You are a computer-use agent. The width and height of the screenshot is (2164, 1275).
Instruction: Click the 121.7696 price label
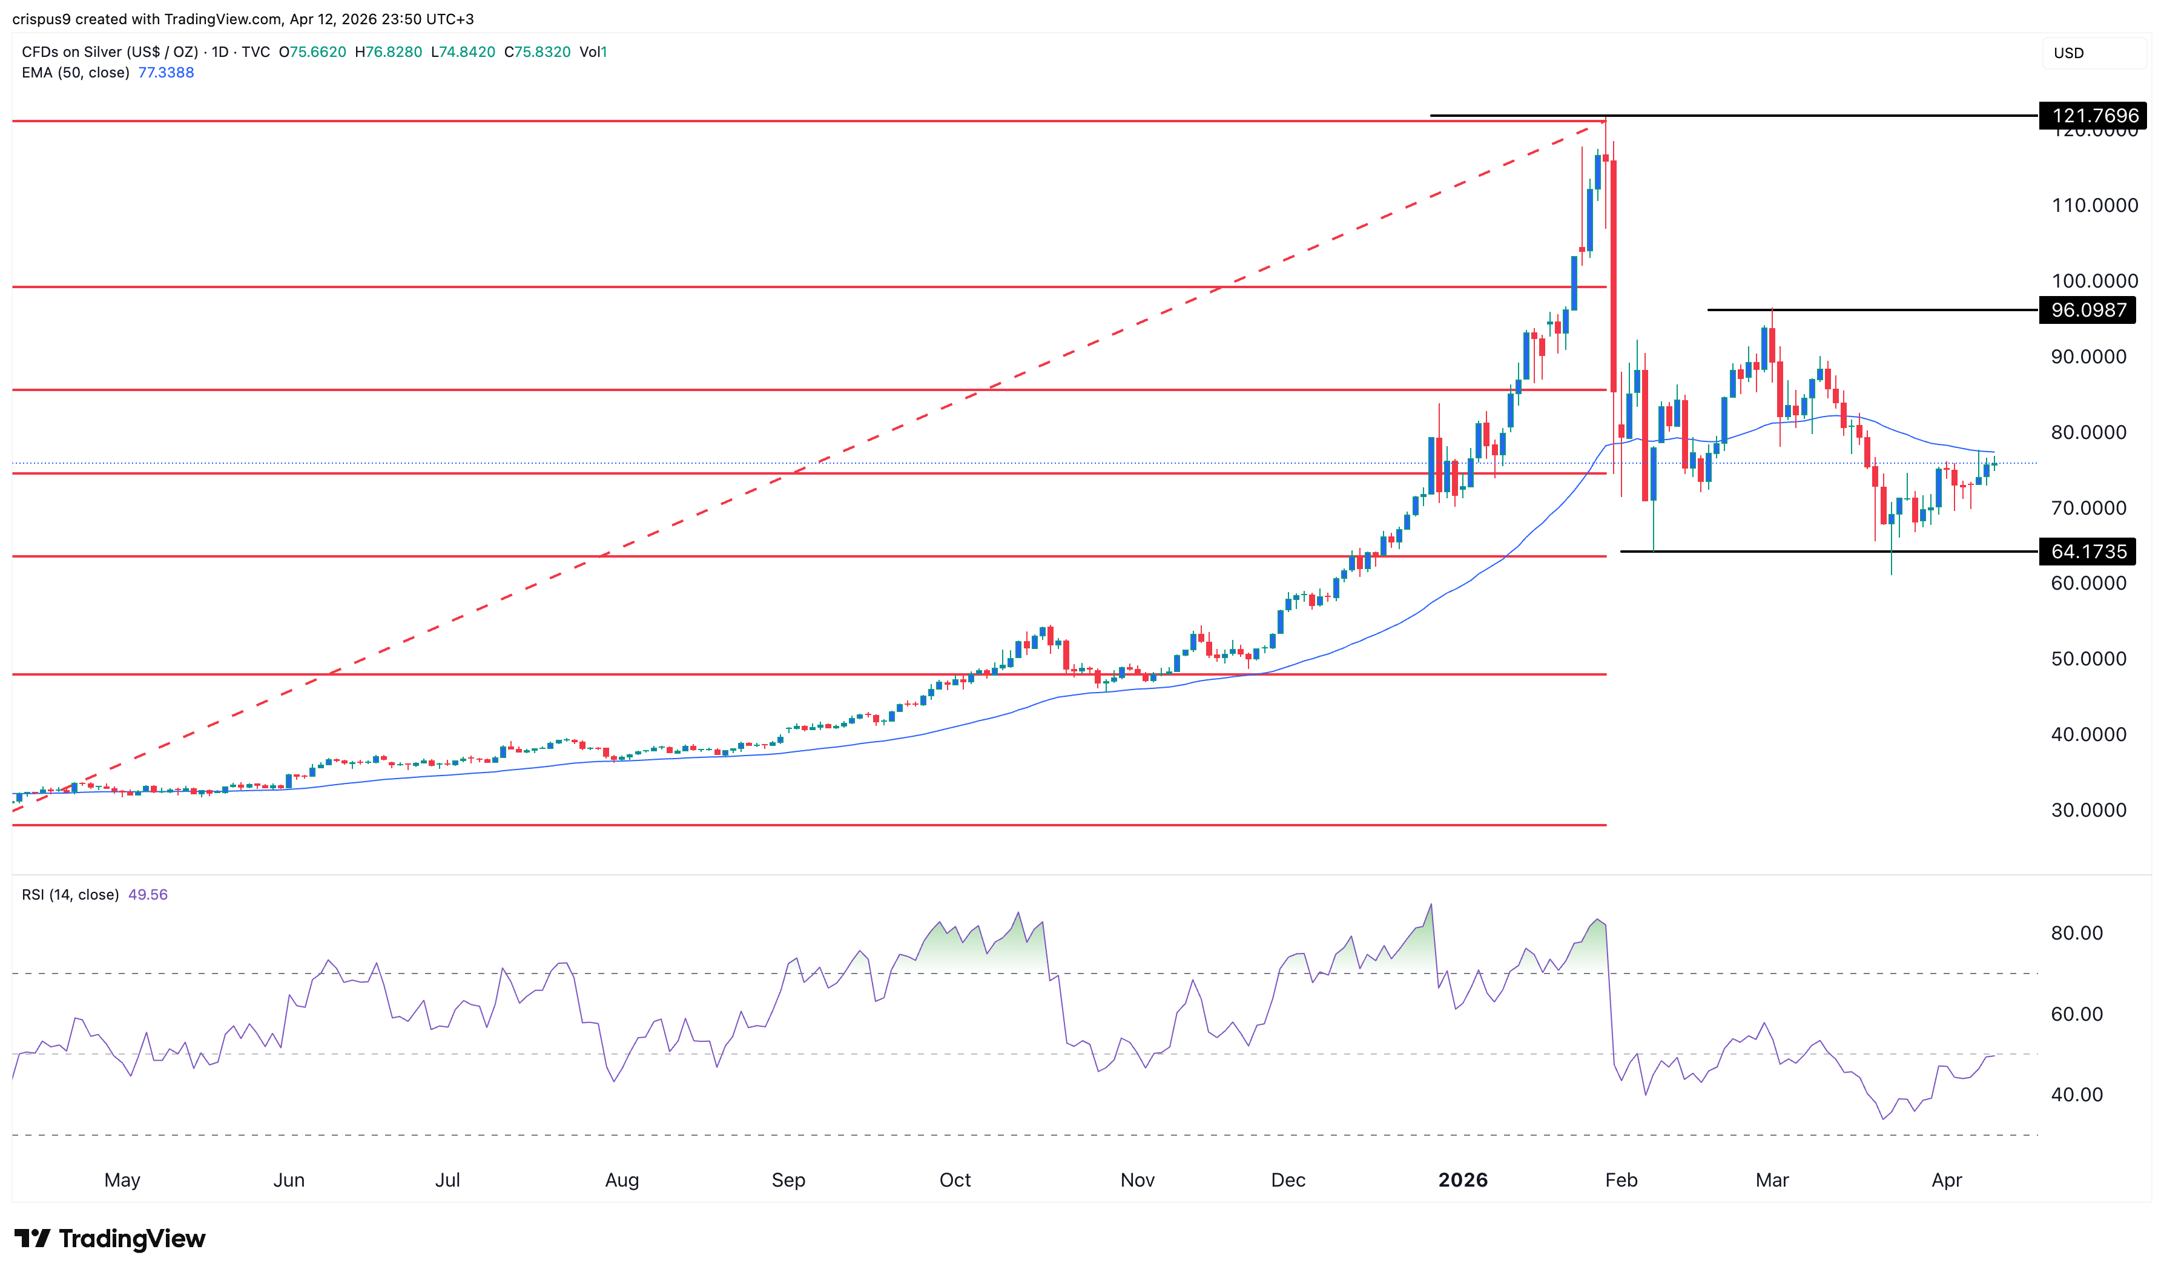click(x=2094, y=115)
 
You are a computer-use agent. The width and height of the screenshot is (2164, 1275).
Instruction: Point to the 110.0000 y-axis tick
click(x=2094, y=205)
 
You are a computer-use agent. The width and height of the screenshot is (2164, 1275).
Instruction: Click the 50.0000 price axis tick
click(x=2088, y=659)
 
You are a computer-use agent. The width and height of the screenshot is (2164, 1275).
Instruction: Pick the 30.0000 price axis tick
click(x=2088, y=810)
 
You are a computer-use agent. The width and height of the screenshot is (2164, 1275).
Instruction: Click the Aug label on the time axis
click(x=622, y=1179)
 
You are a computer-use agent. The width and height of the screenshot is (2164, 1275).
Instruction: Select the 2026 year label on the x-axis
click(x=1463, y=1179)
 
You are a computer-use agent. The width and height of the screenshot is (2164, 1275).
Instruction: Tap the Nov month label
click(x=1138, y=1179)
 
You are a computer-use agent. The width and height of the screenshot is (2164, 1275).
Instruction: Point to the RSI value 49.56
click(x=148, y=894)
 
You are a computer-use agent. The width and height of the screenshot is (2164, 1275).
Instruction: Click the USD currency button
click(x=2069, y=53)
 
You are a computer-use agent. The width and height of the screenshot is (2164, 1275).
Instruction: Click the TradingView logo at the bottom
click(x=110, y=1238)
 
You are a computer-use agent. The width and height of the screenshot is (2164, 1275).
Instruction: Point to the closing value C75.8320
click(x=537, y=51)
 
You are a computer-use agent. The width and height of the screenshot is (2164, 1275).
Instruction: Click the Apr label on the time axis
click(x=1947, y=1179)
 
